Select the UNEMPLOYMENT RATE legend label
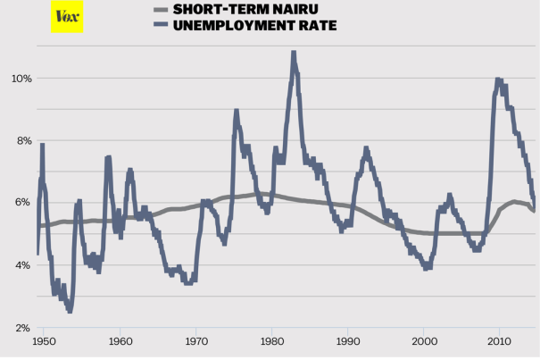point(255,26)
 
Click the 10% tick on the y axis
point(21,79)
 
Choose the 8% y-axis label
point(21,141)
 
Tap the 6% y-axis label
point(21,203)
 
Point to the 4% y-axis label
point(21,265)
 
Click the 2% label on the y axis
point(21,328)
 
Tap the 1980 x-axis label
point(273,341)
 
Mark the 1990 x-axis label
point(349,341)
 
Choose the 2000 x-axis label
point(426,341)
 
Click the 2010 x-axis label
point(502,341)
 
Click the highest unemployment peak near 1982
point(293,54)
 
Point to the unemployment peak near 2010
point(498,80)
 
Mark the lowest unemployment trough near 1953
point(69,309)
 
